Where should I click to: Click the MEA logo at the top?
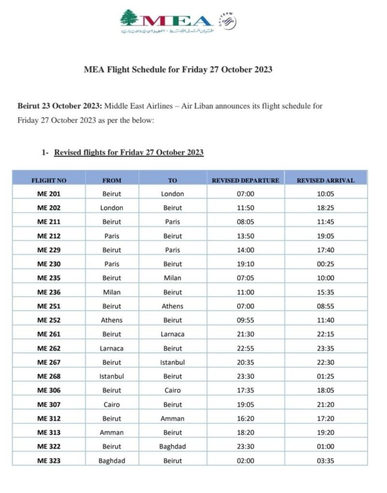166,21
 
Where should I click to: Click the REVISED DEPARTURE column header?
245,181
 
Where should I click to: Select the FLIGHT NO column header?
49,181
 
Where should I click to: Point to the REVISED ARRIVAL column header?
325,181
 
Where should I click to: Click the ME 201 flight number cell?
49,194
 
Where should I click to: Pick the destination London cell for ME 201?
173,194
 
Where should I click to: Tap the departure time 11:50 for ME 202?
245,208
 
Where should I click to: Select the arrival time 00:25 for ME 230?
325,264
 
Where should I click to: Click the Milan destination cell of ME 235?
173,278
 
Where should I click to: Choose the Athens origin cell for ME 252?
111,320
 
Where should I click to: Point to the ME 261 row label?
49,334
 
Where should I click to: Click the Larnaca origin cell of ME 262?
111,348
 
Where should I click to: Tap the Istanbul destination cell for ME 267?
173,362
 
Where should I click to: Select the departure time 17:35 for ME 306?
245,390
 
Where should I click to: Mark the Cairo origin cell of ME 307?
111,404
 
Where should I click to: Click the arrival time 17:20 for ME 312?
325,418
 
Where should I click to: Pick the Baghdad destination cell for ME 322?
173,446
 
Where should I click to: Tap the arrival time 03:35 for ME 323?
325,461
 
